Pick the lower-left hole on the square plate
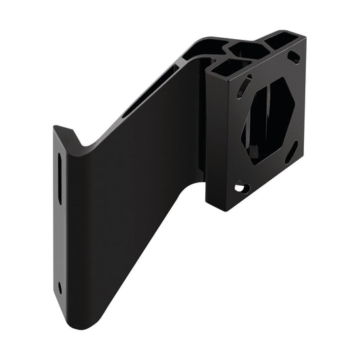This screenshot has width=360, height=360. pos(240,188)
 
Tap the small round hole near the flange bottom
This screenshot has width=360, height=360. pos(60,287)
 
